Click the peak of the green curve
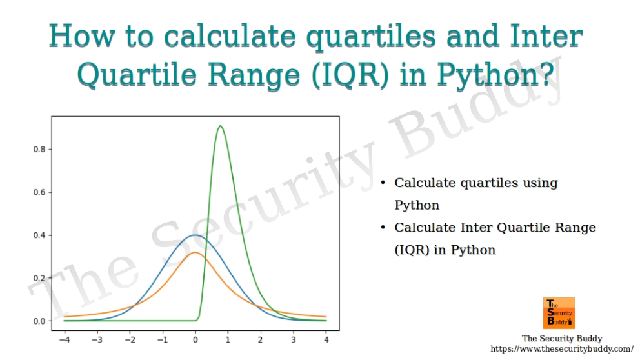221,126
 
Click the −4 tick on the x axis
65,338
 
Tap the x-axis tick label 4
326,338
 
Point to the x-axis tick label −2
130,338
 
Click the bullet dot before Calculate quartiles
383,183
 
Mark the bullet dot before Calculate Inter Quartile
383,228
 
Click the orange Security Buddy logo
559,313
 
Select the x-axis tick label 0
195,338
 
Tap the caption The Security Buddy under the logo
562,339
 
